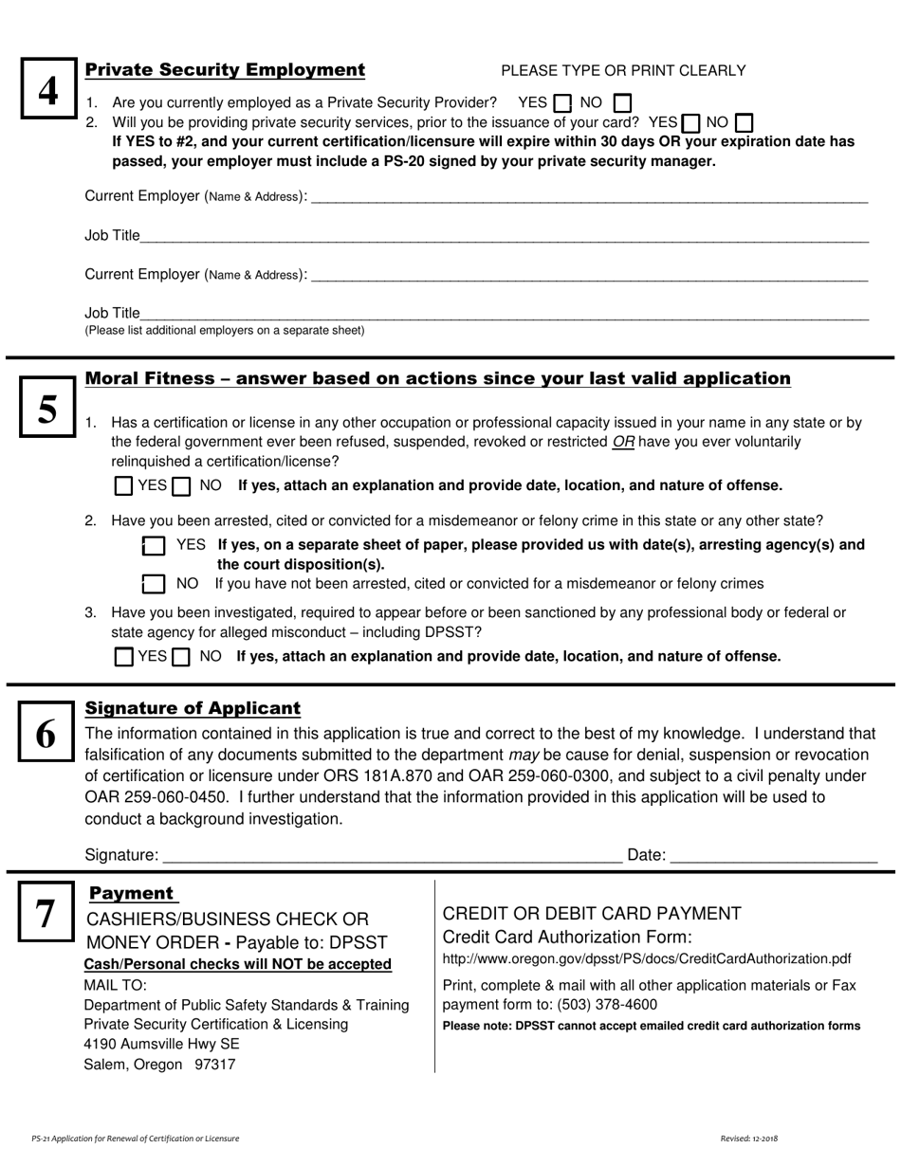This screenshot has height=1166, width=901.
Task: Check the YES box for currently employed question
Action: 562,102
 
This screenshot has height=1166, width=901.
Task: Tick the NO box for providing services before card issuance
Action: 745,123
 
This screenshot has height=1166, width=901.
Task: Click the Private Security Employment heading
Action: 225,70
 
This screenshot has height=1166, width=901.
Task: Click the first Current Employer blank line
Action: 588,197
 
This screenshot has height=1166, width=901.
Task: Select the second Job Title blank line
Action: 503,314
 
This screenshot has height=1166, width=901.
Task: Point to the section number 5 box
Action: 47,409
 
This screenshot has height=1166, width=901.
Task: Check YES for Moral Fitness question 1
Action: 123,486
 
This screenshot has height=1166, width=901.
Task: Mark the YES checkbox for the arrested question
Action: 154,545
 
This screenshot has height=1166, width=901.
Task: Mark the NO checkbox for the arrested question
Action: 154,584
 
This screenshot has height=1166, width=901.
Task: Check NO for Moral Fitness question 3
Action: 181,657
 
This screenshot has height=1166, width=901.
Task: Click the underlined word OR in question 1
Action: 624,442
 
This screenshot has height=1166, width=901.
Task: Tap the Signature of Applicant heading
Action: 193,708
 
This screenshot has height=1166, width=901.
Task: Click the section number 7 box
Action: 46,915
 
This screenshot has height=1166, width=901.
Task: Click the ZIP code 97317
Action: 214,1065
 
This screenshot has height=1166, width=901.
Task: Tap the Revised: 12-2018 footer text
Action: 748,1138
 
